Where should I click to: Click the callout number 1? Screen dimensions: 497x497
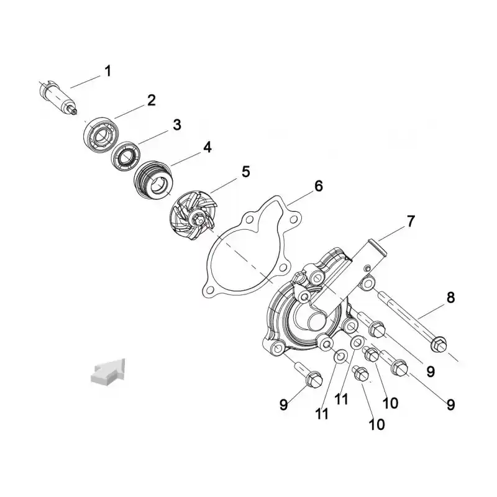pos(108,71)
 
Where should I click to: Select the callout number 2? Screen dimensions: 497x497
pos(152,100)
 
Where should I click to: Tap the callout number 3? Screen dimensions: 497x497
pos(177,125)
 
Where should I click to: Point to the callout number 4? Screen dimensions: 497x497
pos(207,147)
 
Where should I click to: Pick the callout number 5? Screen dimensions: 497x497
pos(245,171)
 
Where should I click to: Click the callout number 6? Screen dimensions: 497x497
pos(319,186)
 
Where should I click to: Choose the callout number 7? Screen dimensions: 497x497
pos(411,221)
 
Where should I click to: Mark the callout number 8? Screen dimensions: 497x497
pos(450,298)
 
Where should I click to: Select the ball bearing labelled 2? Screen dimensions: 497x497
pos(101,135)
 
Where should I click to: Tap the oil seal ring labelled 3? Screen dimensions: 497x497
pos(126,157)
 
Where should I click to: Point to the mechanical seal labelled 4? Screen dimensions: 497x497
pos(153,180)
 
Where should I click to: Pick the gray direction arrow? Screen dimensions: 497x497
pos(108,372)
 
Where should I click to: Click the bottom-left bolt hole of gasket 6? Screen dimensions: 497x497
pos(209,290)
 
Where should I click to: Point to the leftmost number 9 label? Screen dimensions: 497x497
pos(284,405)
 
